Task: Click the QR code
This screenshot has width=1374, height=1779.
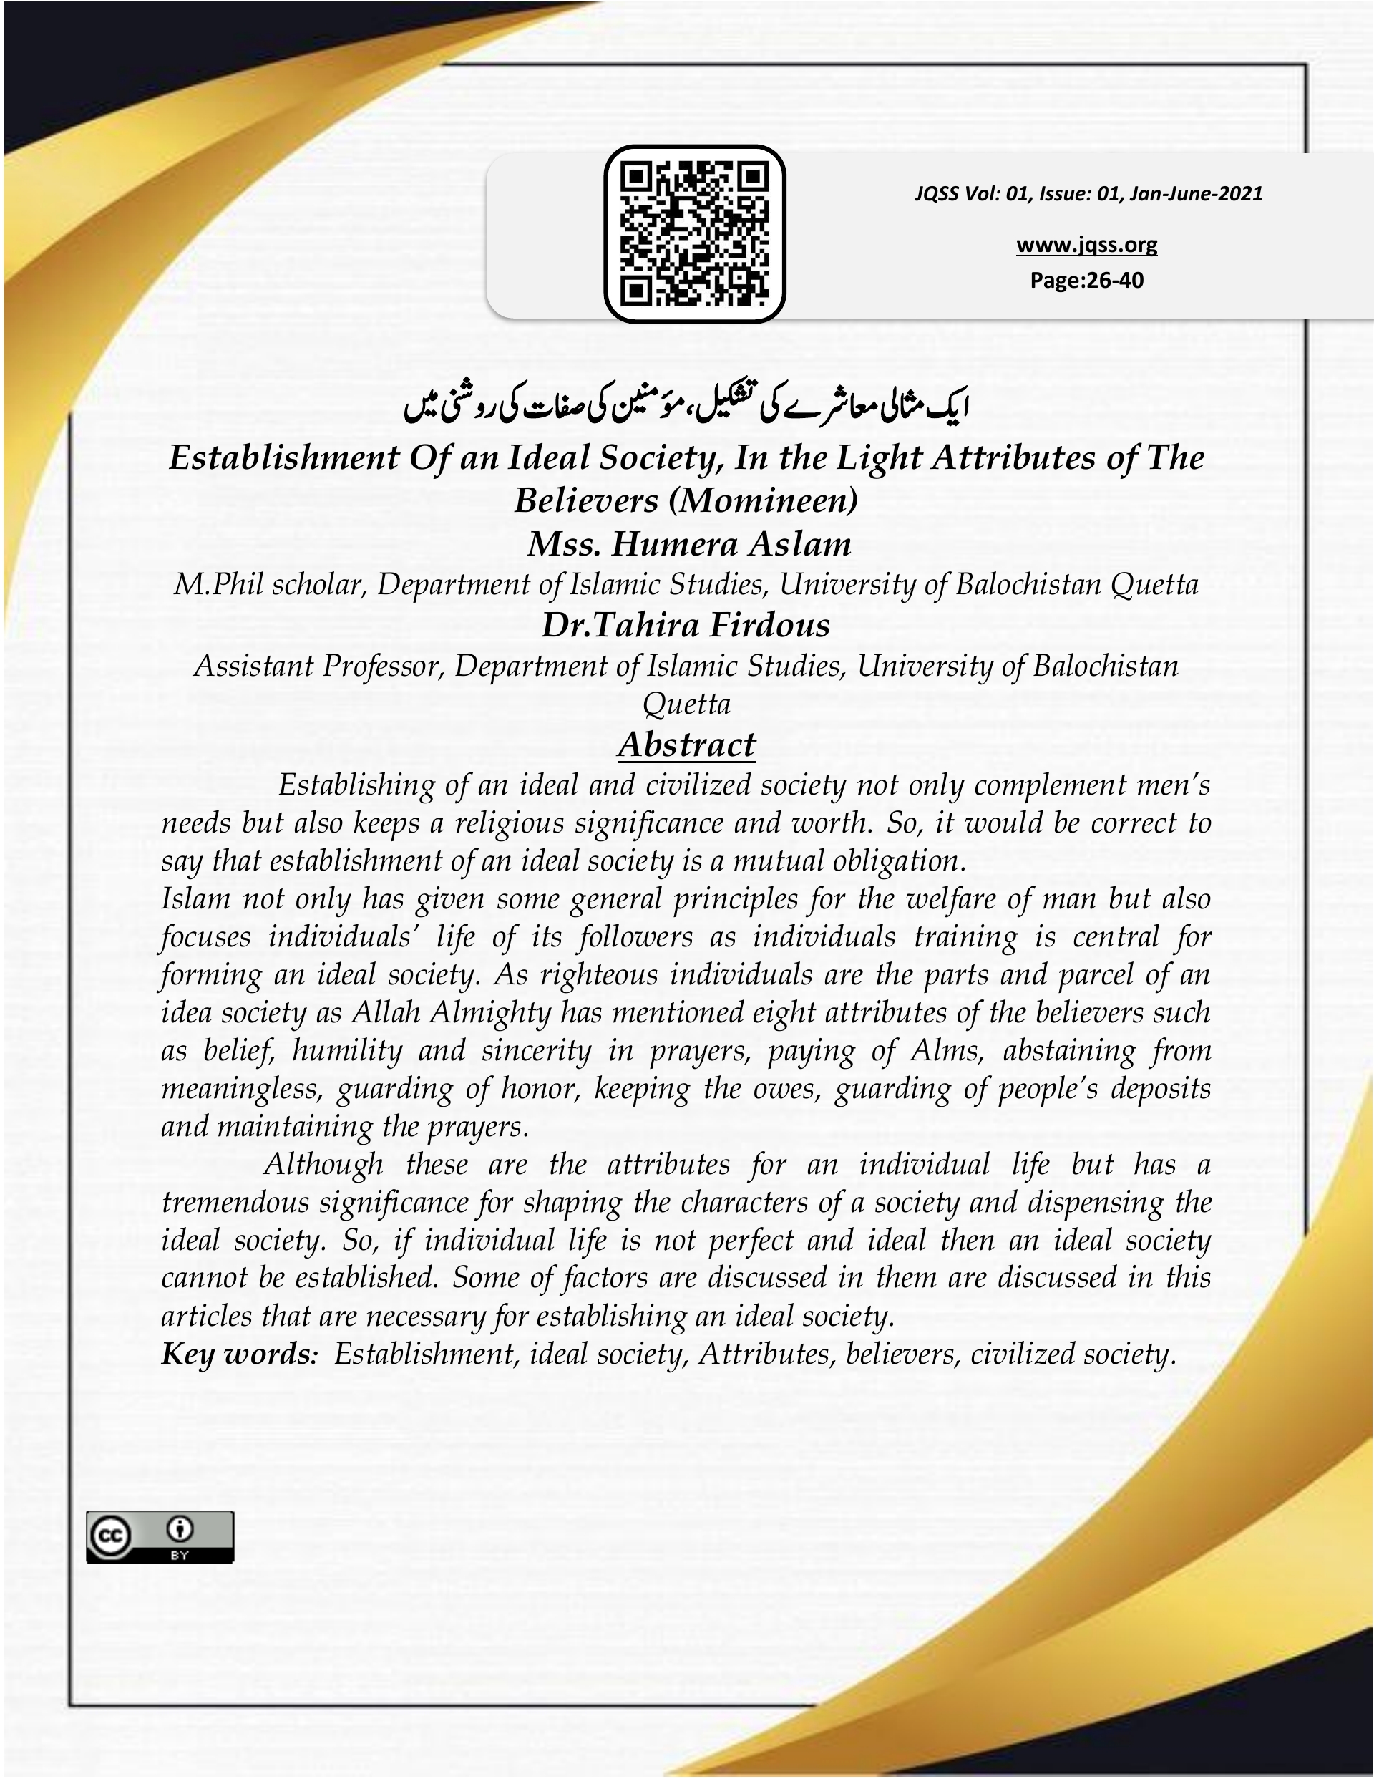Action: point(694,234)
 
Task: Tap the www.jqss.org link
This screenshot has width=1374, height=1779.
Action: point(1086,244)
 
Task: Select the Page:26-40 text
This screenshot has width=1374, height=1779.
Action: point(1086,280)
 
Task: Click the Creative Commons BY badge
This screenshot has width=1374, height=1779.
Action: point(160,1536)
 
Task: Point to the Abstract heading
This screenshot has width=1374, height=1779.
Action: point(686,745)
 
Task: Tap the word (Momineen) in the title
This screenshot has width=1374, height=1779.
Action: point(762,500)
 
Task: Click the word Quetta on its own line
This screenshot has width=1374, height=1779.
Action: point(686,704)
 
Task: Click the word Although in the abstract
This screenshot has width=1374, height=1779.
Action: point(323,1164)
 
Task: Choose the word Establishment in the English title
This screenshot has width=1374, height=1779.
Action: point(283,457)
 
